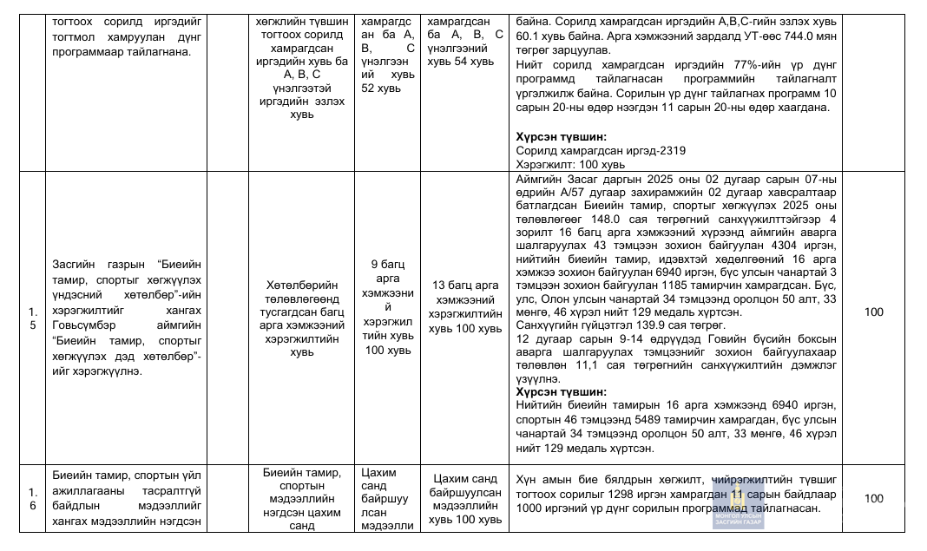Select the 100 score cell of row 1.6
(x=874, y=498)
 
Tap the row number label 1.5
(x=32, y=317)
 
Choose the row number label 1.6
(x=32, y=498)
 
